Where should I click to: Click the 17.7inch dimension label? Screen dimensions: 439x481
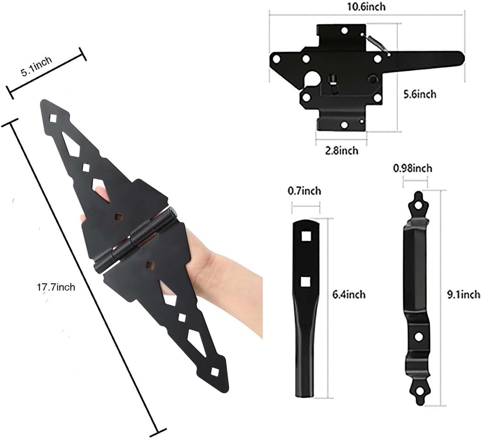[56, 287]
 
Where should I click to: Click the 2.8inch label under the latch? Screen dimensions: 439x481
[342, 151]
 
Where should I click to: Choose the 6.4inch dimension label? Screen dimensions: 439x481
[349, 295]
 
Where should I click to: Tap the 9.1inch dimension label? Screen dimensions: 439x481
[463, 295]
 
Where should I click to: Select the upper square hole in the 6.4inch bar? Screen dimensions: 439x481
[306, 236]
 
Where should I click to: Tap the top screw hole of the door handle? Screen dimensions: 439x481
[417, 205]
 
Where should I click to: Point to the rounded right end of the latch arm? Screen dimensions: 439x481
[458, 58]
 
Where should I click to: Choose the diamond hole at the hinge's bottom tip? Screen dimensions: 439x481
[215, 372]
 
